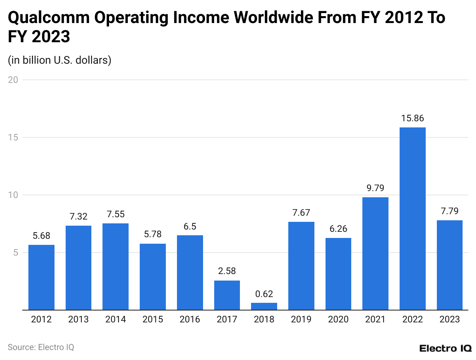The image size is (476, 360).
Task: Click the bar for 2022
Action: (412, 218)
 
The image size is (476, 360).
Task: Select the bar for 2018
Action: (264, 306)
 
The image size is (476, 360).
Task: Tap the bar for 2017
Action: (227, 295)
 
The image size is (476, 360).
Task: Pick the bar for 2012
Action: (41, 277)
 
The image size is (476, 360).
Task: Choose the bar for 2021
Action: (375, 253)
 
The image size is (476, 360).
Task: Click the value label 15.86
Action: (412, 118)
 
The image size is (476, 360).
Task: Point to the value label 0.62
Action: (264, 294)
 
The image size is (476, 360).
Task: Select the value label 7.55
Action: (116, 214)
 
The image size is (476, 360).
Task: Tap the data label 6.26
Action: (338, 229)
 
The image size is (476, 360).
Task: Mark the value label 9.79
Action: (375, 188)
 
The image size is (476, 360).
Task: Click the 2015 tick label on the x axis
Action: (153, 319)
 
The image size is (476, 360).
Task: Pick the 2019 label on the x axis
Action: (301, 319)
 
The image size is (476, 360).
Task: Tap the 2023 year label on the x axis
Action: (450, 319)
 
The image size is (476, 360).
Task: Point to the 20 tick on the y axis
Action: (13, 80)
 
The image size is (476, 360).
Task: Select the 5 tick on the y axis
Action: (16, 253)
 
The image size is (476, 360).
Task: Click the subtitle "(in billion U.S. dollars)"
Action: (59, 60)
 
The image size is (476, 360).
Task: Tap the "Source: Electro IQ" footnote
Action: (41, 347)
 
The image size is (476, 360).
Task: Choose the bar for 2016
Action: (190, 272)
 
